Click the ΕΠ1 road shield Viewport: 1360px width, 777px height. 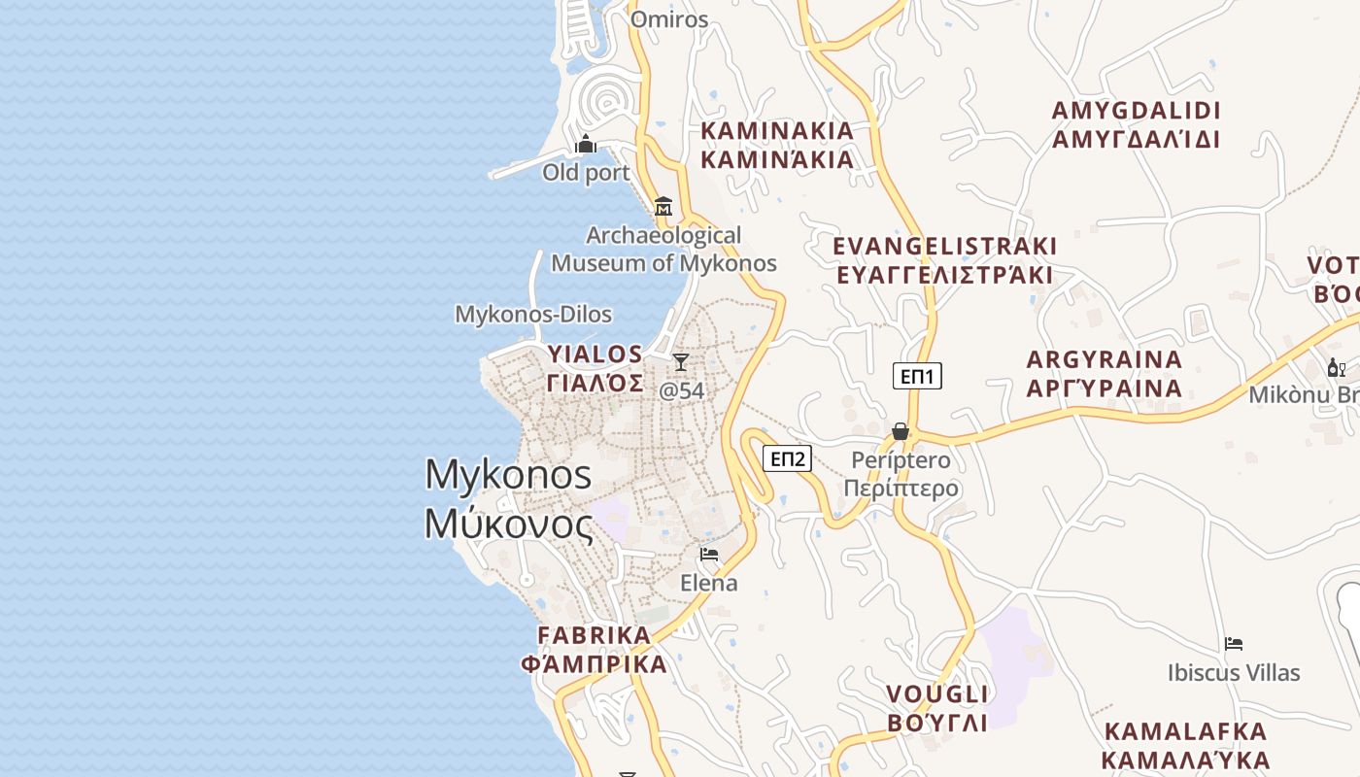coord(917,376)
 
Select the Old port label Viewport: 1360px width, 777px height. coord(586,173)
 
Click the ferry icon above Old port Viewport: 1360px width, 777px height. coord(586,145)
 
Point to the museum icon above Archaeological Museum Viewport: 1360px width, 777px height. coord(663,206)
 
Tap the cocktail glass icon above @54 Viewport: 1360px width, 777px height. coord(681,362)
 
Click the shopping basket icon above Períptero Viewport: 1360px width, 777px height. coord(901,431)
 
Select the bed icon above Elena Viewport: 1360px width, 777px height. coord(709,555)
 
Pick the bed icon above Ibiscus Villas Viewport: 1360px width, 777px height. coord(1234,643)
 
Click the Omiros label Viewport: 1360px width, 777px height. coord(669,19)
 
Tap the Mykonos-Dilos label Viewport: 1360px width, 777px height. coord(533,315)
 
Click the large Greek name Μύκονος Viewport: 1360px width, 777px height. coord(508,524)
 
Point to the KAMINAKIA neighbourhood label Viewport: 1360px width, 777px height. coord(777,131)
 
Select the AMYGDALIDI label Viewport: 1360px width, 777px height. coord(1136,111)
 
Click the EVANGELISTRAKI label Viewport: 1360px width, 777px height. coord(944,246)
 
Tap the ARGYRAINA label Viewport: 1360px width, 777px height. coord(1105,359)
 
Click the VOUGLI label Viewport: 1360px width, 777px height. coord(937,694)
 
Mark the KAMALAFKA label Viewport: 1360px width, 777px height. coord(1186,731)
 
